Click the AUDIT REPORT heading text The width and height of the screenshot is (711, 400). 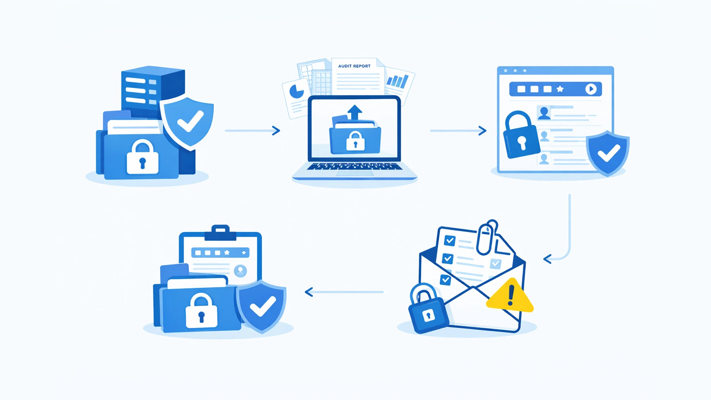coord(354,66)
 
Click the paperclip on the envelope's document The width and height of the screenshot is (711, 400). coord(487,237)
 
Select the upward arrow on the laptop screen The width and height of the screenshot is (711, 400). coord(355,112)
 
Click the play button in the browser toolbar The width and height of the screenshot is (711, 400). coord(591,89)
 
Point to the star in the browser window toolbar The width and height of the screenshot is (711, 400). coord(560,89)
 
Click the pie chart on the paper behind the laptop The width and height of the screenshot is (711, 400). coord(296,91)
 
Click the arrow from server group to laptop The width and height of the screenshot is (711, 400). coord(253,130)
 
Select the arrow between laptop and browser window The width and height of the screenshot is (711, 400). coord(458,130)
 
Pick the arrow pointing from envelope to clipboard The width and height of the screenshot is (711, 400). coord(344,292)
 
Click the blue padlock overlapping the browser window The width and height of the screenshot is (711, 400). coord(520,135)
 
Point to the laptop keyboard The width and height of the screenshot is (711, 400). coord(354,166)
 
